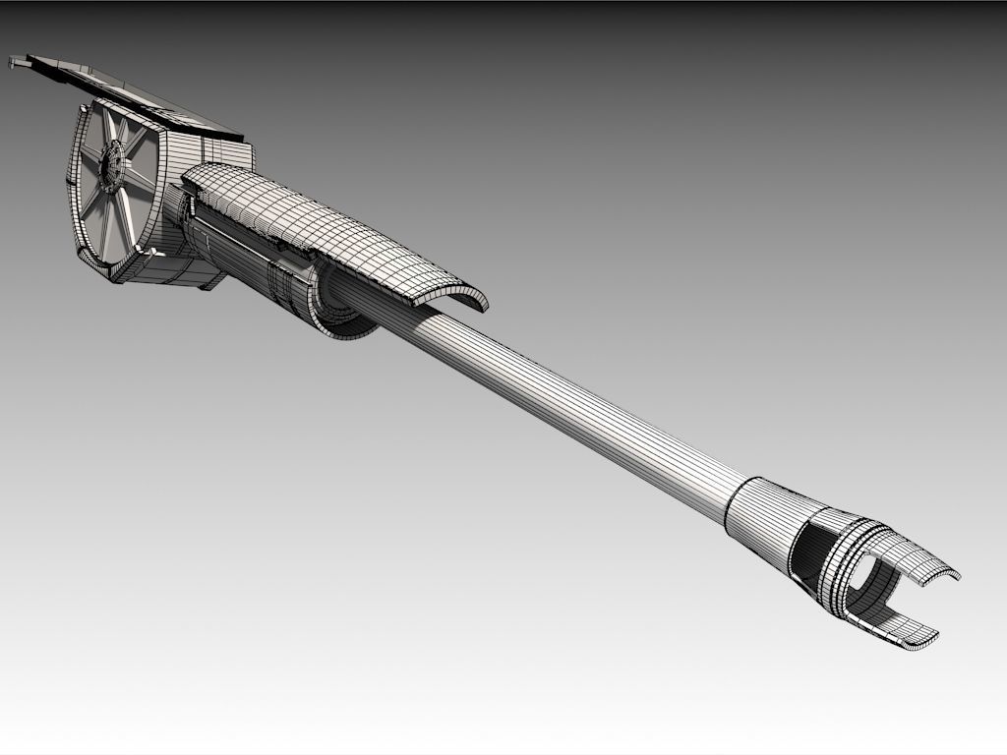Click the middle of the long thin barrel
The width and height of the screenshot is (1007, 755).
(x=580, y=409)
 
